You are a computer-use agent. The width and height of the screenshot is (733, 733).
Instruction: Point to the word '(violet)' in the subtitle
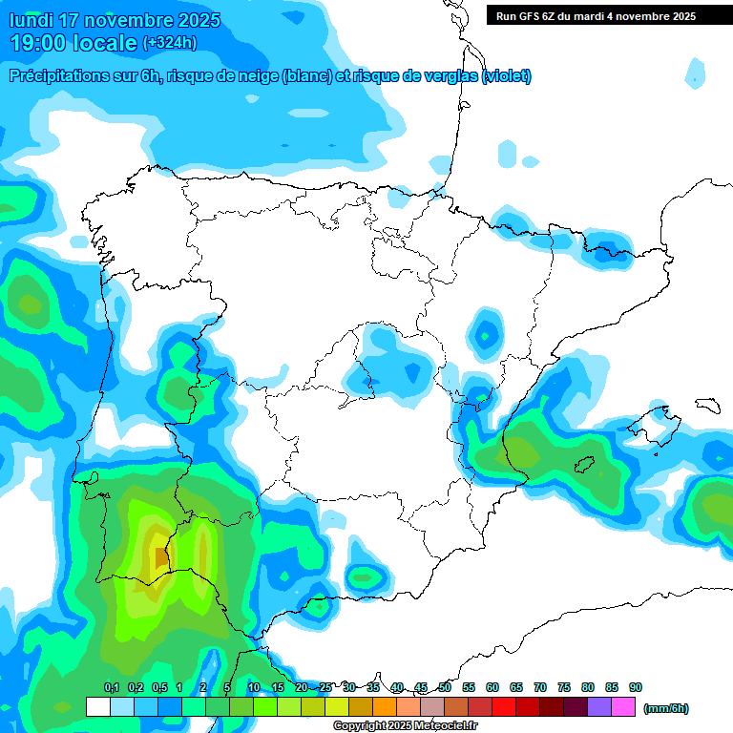[x=507, y=76]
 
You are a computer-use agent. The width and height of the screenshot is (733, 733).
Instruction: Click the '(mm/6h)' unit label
[x=665, y=708]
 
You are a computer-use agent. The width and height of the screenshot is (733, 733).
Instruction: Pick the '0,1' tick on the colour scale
[x=111, y=687]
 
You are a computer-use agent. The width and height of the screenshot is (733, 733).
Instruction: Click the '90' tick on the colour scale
[x=636, y=687]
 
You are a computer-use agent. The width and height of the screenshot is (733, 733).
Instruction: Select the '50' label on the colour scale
[x=445, y=687]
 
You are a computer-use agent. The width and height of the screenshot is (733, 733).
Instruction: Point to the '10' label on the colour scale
[x=254, y=687]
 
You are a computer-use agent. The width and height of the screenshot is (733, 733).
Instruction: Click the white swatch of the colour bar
[x=97, y=707]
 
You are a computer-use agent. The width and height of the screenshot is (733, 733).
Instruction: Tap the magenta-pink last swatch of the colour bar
[x=623, y=707]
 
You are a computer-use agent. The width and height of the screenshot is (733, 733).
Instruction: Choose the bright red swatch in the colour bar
[x=504, y=707]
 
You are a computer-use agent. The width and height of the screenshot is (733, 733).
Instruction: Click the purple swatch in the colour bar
[x=599, y=707]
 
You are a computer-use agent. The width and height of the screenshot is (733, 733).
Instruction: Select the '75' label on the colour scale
[x=564, y=687]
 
